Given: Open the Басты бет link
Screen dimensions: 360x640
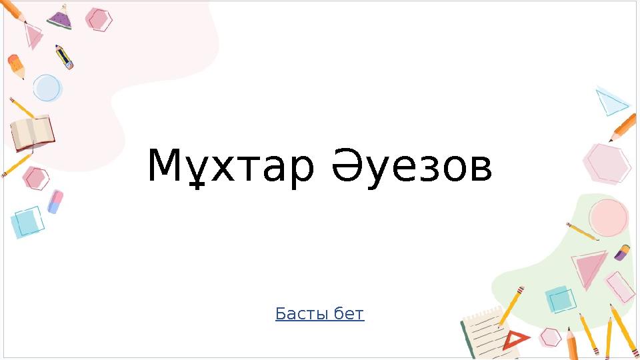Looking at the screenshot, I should tap(319, 313).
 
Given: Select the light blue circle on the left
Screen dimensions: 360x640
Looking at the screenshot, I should tap(47, 87).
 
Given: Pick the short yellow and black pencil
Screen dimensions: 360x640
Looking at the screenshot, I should tap(64, 57).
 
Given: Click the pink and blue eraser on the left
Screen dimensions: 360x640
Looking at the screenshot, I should tap(55, 201).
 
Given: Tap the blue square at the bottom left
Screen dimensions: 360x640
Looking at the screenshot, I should tap(27, 222).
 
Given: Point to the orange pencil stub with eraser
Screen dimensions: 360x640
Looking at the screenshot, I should tap(16, 66).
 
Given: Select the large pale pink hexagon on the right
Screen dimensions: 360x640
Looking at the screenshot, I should tap(607, 163).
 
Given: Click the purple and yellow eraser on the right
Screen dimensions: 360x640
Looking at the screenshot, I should tap(622, 252).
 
